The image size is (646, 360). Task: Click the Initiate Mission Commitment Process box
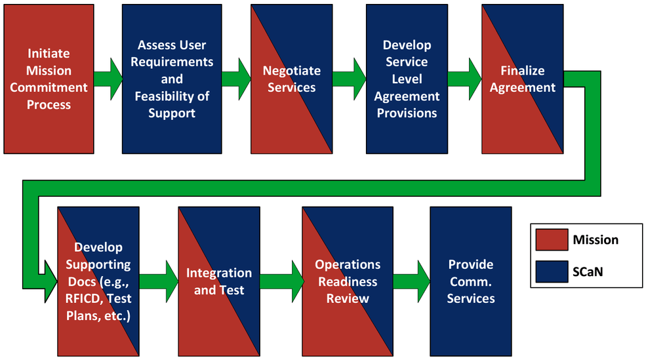(x=49, y=79)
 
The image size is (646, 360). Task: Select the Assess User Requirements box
(x=172, y=79)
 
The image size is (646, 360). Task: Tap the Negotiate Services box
(x=292, y=79)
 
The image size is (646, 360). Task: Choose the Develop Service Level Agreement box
(x=407, y=79)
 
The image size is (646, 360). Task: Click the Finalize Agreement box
(x=523, y=79)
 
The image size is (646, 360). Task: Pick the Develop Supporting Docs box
(x=98, y=281)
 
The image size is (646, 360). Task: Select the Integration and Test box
(x=219, y=281)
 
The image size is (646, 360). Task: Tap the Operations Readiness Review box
(x=348, y=281)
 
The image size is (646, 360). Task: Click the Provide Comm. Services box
(x=471, y=281)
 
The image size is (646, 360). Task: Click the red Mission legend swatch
(x=552, y=240)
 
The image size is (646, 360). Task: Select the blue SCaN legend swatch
(x=552, y=271)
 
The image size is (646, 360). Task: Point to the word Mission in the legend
(x=596, y=240)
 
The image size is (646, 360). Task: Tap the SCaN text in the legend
(x=588, y=272)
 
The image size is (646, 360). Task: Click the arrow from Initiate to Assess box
(x=108, y=79)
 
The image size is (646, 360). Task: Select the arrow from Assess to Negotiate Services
(x=237, y=79)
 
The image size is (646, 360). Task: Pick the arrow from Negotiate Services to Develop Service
(x=350, y=79)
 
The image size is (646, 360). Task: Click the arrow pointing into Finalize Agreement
(x=465, y=79)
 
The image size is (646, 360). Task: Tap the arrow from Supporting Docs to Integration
(x=159, y=281)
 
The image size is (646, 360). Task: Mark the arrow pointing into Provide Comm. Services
(x=412, y=281)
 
